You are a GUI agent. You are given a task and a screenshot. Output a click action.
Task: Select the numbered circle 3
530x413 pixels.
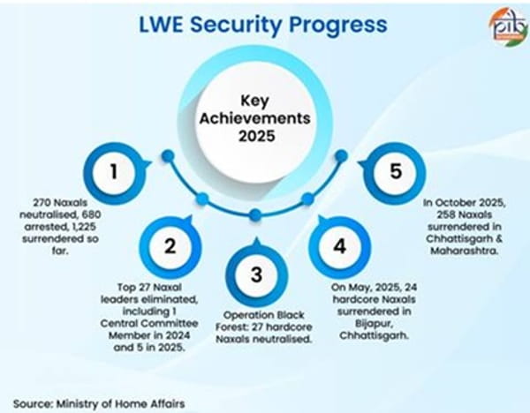coord(256,274)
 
